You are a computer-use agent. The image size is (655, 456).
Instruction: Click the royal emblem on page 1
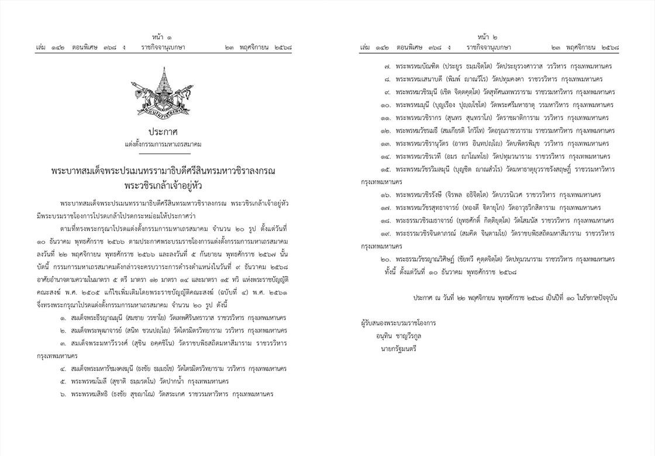point(157,92)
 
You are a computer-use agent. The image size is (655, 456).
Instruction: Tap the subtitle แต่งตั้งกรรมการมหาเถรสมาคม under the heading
point(157,143)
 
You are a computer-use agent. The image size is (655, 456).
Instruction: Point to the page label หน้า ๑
point(157,36)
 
